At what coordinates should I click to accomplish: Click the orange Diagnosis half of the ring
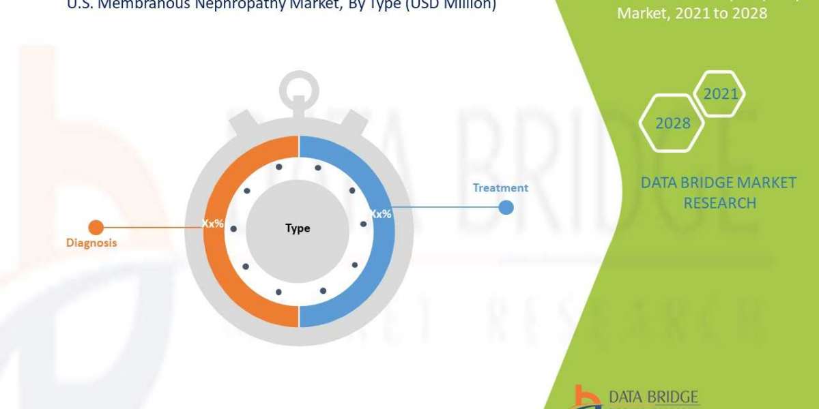[x=218, y=273]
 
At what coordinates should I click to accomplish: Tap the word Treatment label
[x=501, y=187]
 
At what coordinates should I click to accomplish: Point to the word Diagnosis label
[x=91, y=242]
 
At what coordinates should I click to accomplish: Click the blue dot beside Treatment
[x=506, y=207]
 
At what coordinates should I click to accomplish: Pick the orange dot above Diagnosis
[x=96, y=226]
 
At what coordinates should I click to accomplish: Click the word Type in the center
[x=298, y=228]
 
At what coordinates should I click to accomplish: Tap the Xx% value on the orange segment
[x=212, y=223]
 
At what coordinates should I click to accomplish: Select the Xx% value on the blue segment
[x=380, y=213]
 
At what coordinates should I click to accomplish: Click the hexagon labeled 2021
[x=721, y=94]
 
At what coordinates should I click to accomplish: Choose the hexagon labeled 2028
[x=672, y=123]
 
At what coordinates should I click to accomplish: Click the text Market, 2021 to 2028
[x=692, y=13]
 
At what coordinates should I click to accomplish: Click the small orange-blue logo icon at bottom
[x=584, y=397]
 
